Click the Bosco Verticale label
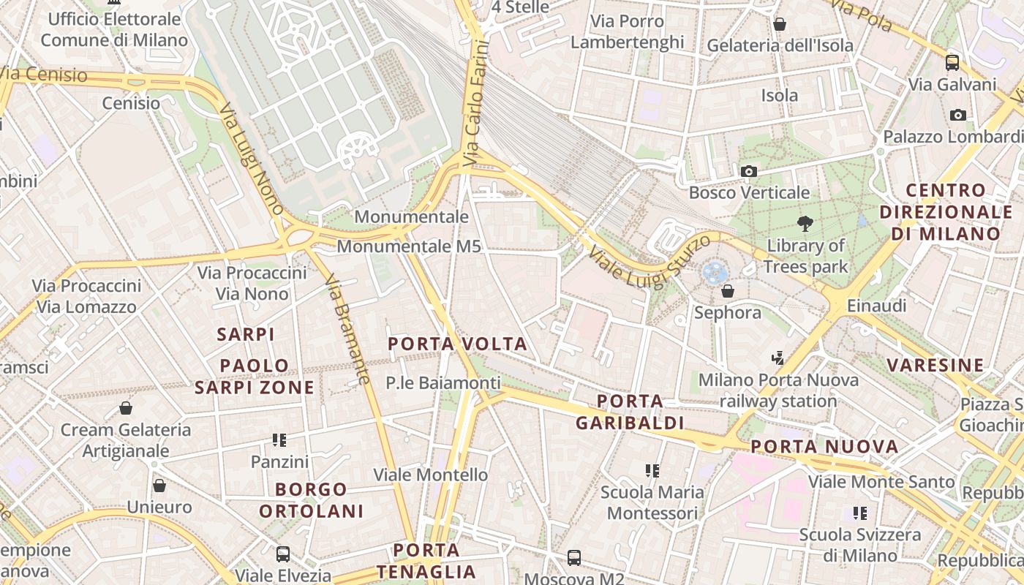(x=749, y=193)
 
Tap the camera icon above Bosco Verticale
(x=748, y=171)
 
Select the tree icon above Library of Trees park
(x=805, y=224)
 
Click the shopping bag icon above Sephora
(x=727, y=291)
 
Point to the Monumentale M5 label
(x=409, y=246)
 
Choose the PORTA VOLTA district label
(x=457, y=344)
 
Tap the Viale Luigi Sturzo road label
(x=649, y=263)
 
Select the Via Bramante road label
(x=347, y=328)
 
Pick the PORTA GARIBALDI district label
(x=630, y=412)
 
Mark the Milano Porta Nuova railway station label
(x=778, y=390)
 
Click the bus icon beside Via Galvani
(x=952, y=62)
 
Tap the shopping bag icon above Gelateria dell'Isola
(x=780, y=24)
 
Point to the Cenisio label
(x=131, y=103)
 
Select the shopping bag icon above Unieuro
(x=159, y=486)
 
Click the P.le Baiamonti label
(x=443, y=382)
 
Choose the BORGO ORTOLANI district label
(x=312, y=500)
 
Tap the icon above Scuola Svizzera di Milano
(x=859, y=513)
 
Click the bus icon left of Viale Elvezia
(x=282, y=554)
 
